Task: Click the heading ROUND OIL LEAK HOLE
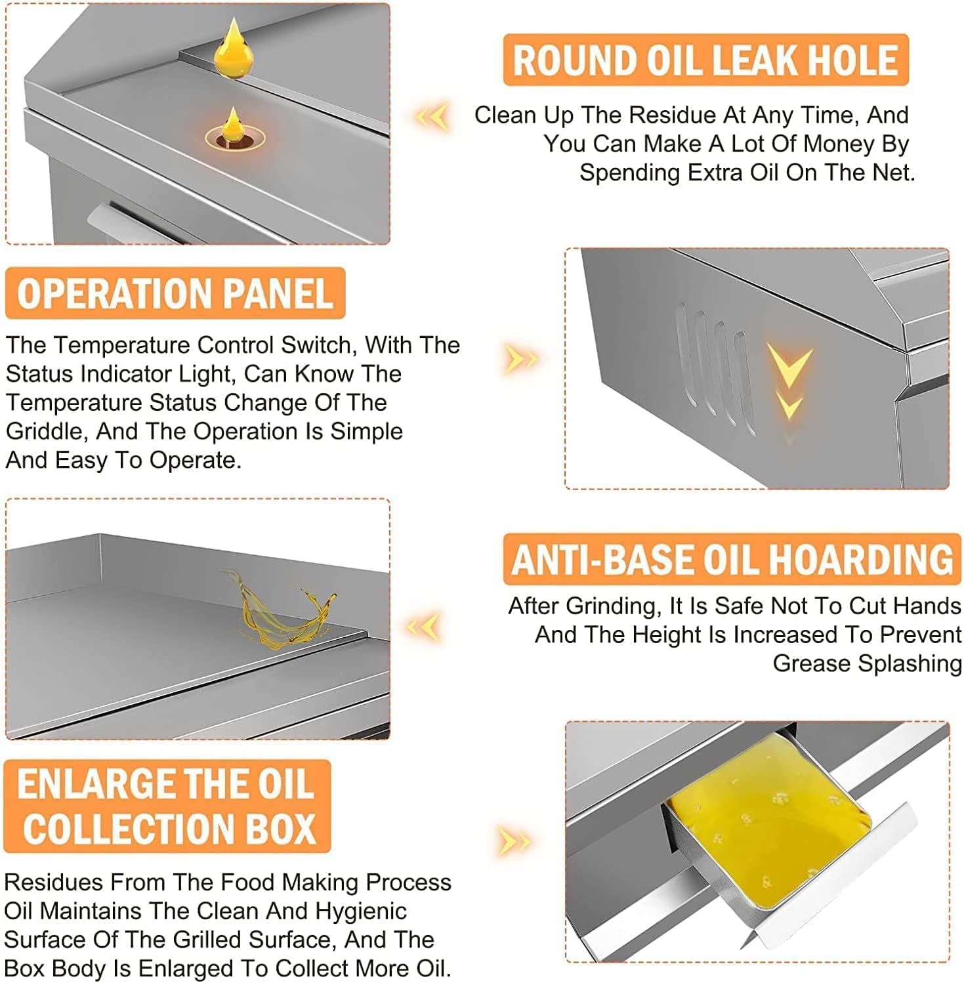coord(705,60)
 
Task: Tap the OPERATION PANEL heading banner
coord(175,293)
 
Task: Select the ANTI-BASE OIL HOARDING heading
coord(732,559)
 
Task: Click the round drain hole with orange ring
coord(233,139)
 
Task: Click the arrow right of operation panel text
coord(521,359)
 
